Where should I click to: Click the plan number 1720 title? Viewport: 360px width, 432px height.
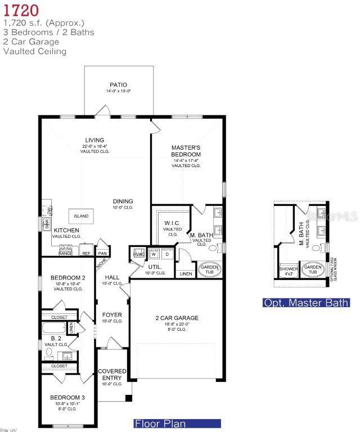point(21,11)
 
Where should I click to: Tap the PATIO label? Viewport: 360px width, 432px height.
point(118,85)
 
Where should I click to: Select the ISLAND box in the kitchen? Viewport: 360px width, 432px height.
point(82,216)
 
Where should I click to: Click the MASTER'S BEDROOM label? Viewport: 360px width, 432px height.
point(186,151)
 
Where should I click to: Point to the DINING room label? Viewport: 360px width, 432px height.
point(123,201)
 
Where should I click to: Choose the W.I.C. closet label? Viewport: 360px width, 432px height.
point(172,223)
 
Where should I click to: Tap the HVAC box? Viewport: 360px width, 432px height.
point(138,254)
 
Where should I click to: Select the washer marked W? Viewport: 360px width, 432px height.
point(153,254)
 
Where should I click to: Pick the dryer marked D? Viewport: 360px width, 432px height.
point(167,254)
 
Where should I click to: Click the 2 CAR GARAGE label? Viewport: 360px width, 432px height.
point(177,318)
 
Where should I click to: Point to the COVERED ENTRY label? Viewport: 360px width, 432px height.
point(112,375)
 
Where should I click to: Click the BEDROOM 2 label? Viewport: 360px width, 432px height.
point(67,278)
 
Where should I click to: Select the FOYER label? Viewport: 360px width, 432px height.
point(112,315)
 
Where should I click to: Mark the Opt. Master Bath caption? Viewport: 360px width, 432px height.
point(307,303)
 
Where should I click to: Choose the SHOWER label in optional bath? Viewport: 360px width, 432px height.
point(289,269)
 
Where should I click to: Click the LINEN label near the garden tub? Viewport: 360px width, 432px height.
point(185,274)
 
